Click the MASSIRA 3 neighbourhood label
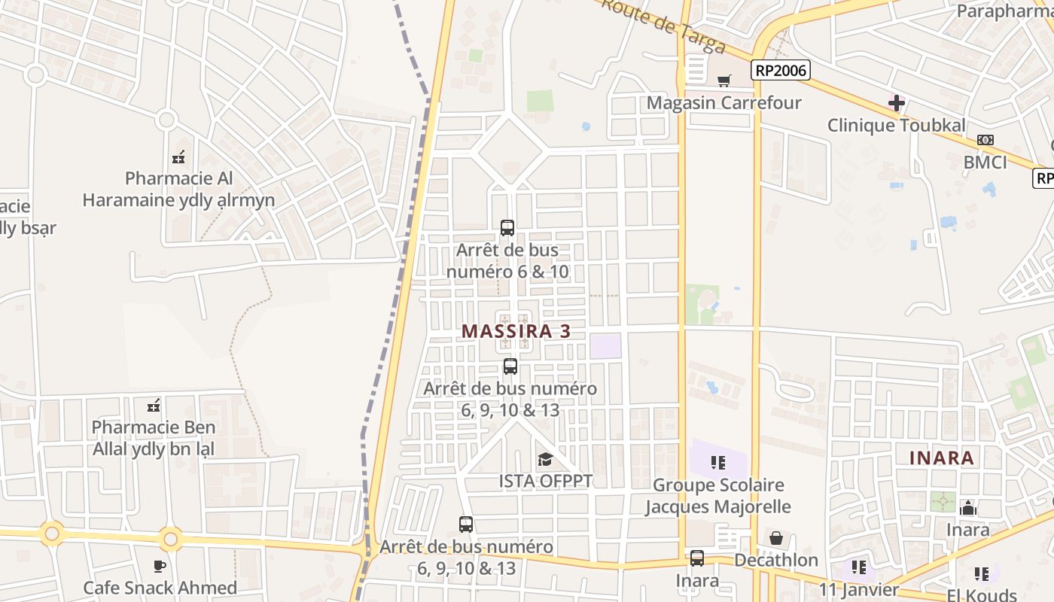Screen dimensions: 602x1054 (516, 331)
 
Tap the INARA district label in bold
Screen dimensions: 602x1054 (942, 458)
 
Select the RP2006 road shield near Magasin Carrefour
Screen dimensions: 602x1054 (780, 71)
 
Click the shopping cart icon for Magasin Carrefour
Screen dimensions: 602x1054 (724, 81)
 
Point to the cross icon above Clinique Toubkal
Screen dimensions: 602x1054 (896, 102)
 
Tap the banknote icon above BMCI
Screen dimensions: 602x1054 (985, 140)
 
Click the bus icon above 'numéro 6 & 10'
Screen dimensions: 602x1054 (507, 227)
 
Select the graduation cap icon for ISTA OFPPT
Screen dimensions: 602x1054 (545, 459)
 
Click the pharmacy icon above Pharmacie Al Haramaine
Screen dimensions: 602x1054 (178, 157)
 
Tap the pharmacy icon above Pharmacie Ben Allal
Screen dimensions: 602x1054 (154, 406)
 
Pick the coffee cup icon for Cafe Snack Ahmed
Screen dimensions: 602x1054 (160, 566)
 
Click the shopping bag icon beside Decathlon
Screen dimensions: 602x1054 (775, 538)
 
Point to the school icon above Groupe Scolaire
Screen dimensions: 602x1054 (718, 462)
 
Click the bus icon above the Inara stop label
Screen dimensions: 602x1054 (697, 558)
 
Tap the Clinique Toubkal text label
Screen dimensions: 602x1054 (896, 125)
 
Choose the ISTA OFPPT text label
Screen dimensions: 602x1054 (546, 480)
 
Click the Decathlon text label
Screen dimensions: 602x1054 (775, 560)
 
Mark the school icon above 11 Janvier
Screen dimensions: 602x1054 (859, 567)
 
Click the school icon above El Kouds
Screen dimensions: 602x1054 (982, 574)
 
